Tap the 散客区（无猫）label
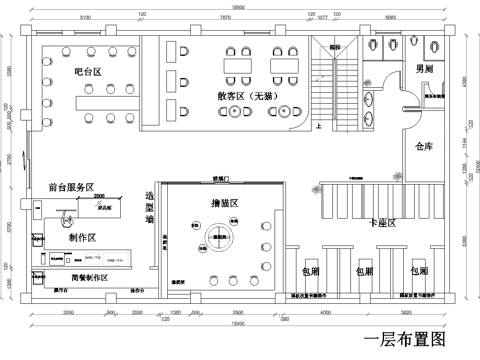243,96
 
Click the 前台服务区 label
70,187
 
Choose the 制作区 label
82,238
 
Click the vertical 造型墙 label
150,207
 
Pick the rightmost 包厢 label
418,271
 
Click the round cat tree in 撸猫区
218,238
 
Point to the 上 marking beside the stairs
318,127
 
